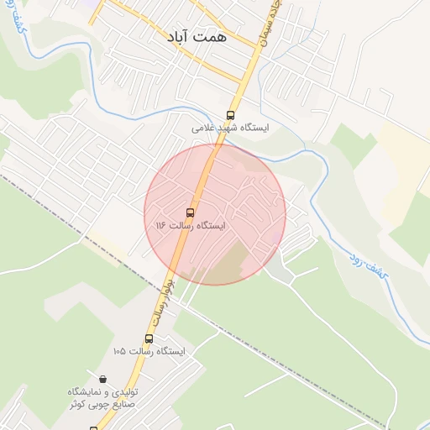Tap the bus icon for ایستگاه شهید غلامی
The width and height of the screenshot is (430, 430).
[x=231, y=116]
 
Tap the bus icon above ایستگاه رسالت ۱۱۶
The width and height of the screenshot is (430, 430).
[x=190, y=212]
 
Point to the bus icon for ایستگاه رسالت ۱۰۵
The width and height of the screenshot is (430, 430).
[x=149, y=338]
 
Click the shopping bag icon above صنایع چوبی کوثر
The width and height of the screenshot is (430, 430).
[x=102, y=380]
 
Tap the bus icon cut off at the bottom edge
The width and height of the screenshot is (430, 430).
[x=93, y=427]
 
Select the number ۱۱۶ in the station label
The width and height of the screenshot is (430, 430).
[x=162, y=226]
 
